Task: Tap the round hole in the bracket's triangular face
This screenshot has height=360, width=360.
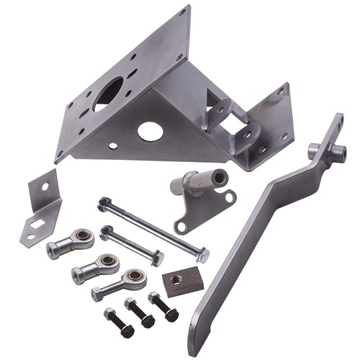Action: coord(150,131)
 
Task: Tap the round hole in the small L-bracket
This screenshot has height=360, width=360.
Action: coord(45,186)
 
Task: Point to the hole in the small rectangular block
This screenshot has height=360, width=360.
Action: coord(176,278)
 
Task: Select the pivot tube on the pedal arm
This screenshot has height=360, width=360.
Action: coord(323,151)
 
